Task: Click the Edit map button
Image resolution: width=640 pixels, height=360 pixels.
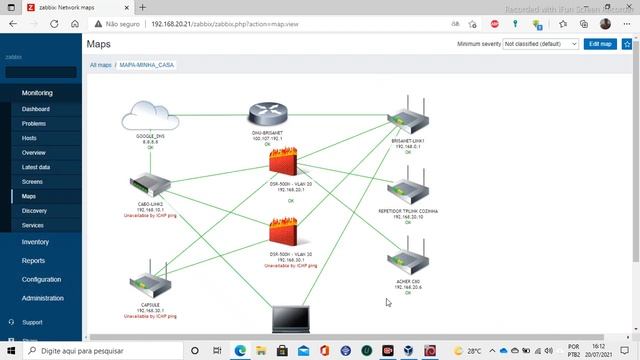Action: (x=600, y=44)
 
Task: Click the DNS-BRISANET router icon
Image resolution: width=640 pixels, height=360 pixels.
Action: (x=268, y=116)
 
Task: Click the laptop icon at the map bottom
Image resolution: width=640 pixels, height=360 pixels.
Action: (x=292, y=319)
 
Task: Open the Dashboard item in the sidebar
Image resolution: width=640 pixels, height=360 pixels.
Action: (x=36, y=109)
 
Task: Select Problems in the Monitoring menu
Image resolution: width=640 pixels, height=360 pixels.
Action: (x=34, y=123)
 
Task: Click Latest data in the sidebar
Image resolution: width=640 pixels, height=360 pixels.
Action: (x=36, y=167)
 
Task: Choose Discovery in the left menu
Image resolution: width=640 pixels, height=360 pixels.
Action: (x=34, y=211)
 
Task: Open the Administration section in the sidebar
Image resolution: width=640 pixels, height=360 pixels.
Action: (x=43, y=298)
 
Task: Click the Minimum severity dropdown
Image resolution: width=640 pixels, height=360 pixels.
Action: (x=540, y=44)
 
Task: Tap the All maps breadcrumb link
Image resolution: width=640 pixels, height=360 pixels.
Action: (x=100, y=64)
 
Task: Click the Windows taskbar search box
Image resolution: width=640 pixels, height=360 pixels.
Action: (x=110, y=351)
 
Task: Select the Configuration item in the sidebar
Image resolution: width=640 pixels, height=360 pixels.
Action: (x=41, y=279)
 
